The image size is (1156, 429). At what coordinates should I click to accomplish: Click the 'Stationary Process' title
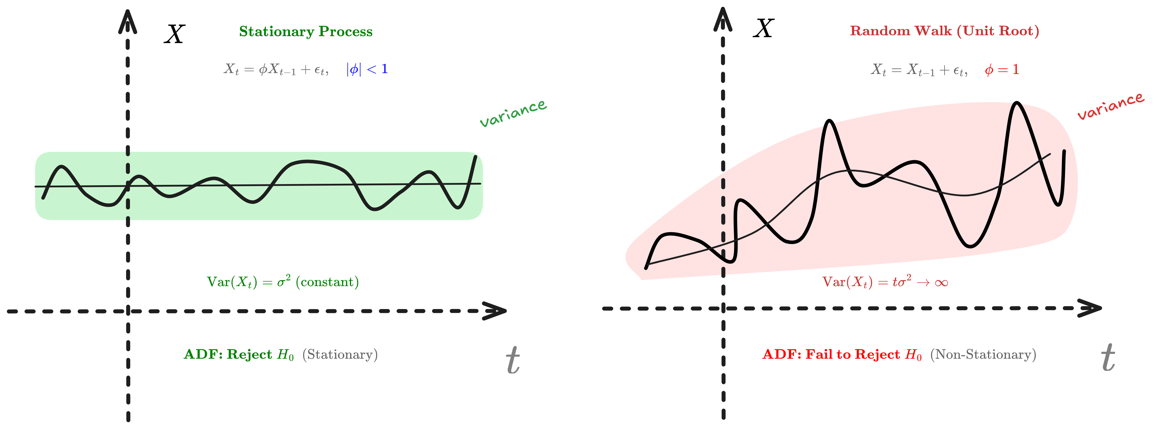[306, 31]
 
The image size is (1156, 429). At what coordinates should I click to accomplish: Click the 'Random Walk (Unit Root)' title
[944, 31]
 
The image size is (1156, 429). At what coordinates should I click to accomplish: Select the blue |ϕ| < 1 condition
[367, 69]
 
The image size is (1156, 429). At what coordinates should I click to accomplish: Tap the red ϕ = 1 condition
[1002, 70]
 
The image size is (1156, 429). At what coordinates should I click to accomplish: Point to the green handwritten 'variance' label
[513, 114]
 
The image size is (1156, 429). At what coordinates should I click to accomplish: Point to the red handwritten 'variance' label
[1111, 106]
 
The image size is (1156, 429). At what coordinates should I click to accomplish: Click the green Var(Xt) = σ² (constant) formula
[283, 282]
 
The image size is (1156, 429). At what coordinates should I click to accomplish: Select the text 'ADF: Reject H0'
[239, 355]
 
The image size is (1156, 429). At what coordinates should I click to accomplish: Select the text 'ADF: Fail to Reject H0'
[842, 355]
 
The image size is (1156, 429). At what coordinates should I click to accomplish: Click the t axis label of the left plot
[513, 360]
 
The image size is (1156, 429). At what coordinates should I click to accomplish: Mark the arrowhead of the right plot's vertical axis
[723, 20]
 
